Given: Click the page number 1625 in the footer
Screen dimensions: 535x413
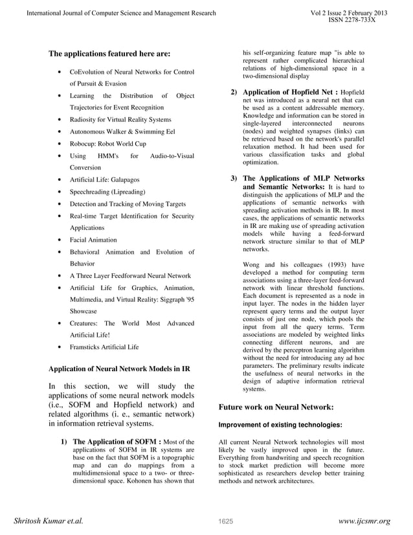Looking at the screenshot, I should (x=225, y=521).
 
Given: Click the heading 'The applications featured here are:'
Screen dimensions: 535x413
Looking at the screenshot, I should (x=109, y=54).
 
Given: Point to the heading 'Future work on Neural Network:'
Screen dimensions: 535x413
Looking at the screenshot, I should (x=276, y=407).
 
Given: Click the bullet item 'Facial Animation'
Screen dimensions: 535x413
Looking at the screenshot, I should (x=93, y=240).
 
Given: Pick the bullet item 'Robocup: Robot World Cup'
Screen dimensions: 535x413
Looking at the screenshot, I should (x=107, y=144).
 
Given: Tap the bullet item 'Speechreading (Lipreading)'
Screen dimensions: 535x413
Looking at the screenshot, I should (x=107, y=192).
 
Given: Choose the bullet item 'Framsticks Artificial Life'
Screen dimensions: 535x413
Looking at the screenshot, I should (x=104, y=347).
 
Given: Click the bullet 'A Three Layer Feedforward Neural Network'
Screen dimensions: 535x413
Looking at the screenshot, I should (x=130, y=275).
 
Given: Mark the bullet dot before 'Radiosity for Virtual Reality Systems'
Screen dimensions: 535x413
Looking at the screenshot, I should (x=60, y=120).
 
